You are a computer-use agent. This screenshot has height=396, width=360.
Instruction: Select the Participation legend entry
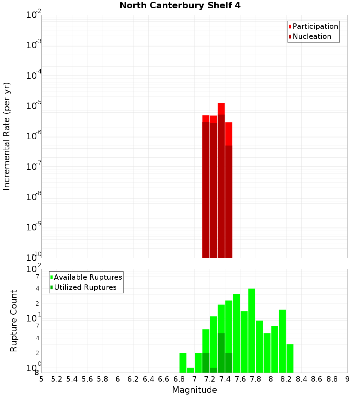315,26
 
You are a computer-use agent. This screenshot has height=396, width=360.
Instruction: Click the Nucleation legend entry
311,36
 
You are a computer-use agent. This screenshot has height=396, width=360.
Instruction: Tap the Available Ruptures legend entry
87,277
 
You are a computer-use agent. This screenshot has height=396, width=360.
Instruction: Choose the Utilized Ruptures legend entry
85,287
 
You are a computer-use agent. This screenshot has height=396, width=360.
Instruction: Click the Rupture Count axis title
14,321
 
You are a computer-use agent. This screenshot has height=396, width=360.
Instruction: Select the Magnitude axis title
194,390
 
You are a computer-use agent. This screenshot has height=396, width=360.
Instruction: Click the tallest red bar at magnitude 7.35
221,180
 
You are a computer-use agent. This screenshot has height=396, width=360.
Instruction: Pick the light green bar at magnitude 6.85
183,363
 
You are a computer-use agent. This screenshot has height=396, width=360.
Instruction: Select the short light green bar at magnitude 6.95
190,370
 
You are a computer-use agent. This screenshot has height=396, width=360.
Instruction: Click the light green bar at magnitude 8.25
290,358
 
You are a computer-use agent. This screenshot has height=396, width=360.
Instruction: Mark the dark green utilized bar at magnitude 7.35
221,353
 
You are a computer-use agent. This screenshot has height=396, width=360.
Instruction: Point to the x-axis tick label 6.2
133,379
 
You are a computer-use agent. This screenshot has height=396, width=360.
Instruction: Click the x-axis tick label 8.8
332,379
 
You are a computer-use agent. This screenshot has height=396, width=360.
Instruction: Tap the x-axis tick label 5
41,379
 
